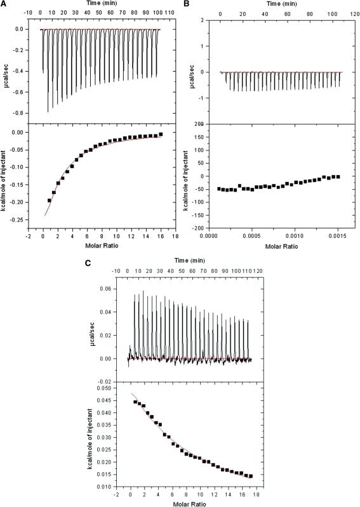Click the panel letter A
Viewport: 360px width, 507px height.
pos(6,5)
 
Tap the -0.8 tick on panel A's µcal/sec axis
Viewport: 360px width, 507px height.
pos(29,113)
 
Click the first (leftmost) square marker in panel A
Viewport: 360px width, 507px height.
pos(50,201)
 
